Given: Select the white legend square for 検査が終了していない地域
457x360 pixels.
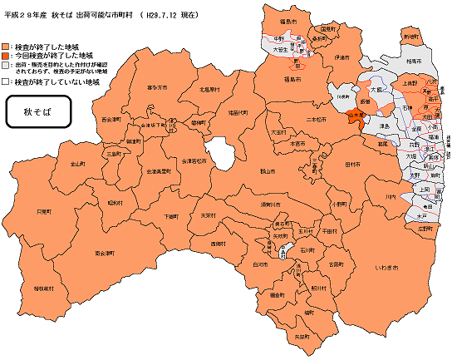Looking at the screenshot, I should tap(7, 83).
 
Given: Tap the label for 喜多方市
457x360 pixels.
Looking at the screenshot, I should tap(157, 86).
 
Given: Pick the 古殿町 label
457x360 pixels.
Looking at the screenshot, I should tap(335, 264).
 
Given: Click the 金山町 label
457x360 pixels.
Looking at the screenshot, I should tap(77, 164).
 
